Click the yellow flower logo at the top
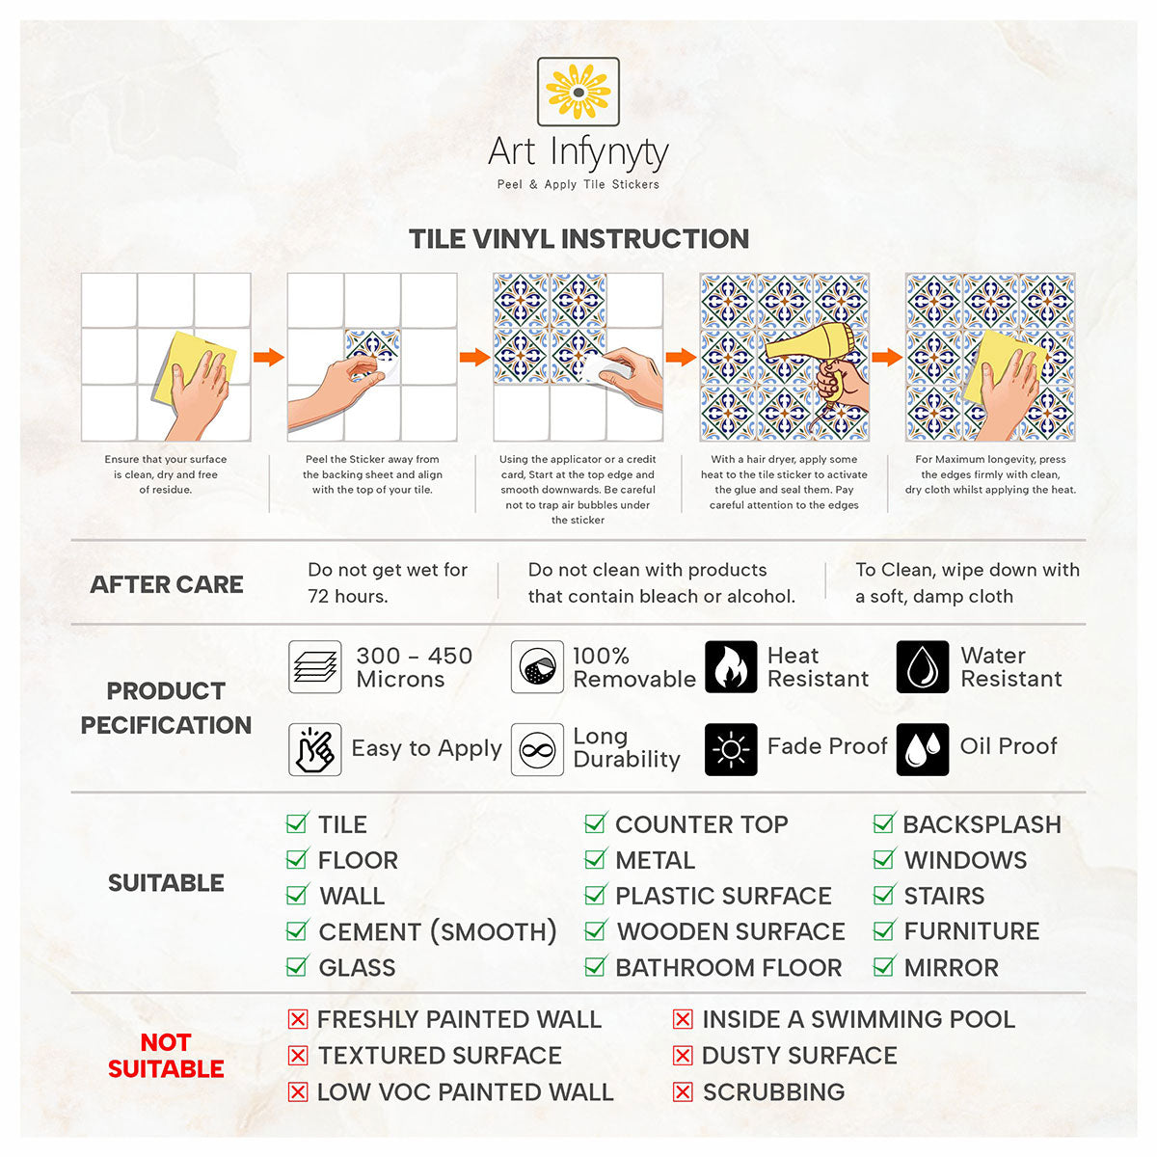578,92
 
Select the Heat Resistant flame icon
730,666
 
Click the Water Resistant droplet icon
923,666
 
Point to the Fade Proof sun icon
730,749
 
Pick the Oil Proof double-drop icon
923,749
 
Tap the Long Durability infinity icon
537,749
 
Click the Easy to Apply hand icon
314,749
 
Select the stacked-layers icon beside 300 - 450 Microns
314,666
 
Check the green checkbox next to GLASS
297,966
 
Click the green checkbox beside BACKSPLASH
884,823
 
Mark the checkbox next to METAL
595,859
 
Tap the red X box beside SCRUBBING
683,1091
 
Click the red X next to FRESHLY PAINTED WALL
298,1019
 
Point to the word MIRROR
951,967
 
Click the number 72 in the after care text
318,596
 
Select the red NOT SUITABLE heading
166,1056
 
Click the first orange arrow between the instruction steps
268,357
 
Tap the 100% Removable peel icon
537,666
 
